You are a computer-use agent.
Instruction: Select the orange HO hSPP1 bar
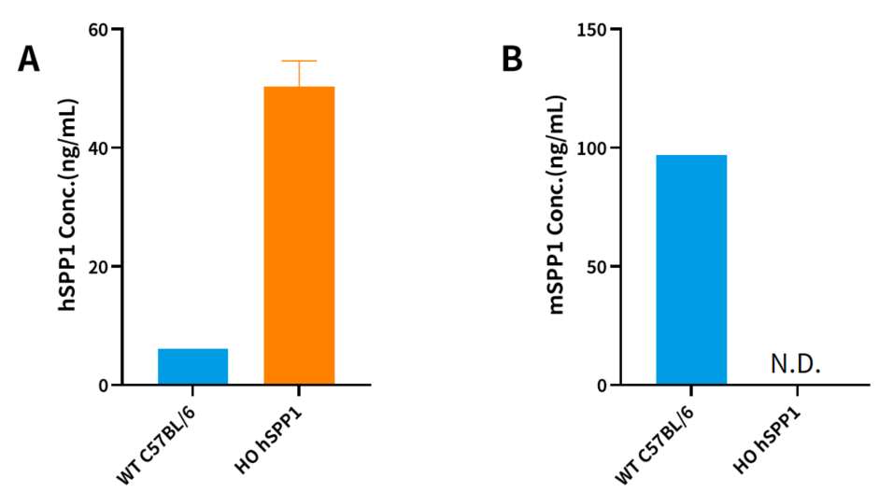coord(299,234)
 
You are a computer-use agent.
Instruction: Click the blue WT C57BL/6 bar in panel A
coord(192,366)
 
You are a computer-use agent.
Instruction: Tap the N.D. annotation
coord(795,364)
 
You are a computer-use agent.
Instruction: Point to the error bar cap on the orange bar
coord(299,61)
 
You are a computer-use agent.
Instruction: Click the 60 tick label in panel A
coord(96,30)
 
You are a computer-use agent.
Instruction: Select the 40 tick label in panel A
coord(96,148)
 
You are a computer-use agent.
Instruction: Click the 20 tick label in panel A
coord(96,267)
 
